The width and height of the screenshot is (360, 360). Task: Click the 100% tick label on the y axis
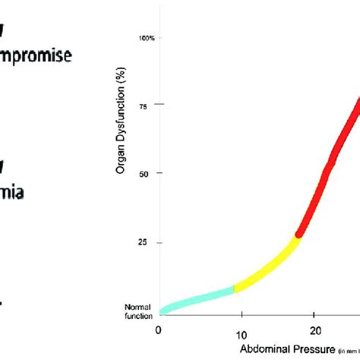click(x=148, y=37)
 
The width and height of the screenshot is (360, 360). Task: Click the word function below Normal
click(x=138, y=314)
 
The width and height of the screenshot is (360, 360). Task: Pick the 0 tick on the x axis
click(x=158, y=330)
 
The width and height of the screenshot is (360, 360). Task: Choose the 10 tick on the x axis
click(x=240, y=333)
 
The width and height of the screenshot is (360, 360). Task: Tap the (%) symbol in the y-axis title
click(x=120, y=77)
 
